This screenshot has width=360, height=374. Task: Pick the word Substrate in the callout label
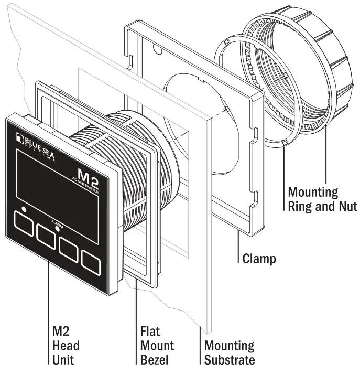pyautogui.click(x=230, y=360)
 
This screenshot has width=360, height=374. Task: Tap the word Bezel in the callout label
pyautogui.click(x=155, y=360)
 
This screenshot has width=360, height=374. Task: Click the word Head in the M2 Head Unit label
pyautogui.click(x=66, y=346)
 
